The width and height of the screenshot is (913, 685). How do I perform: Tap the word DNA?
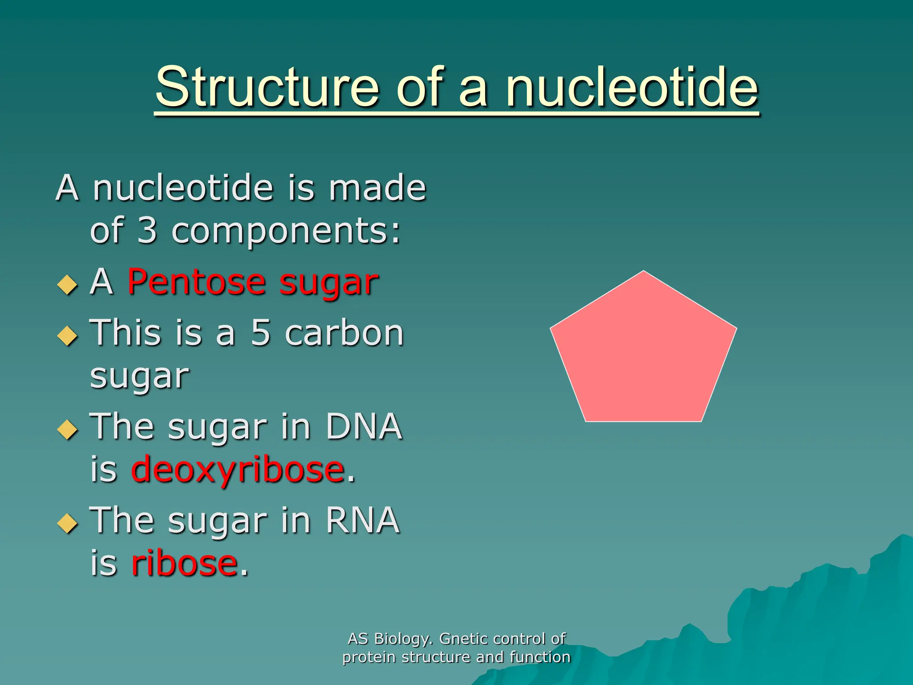(363, 426)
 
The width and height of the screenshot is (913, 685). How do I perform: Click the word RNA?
(362, 520)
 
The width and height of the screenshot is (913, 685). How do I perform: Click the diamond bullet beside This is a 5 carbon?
(67, 335)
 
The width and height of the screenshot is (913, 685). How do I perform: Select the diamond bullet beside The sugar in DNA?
(67, 429)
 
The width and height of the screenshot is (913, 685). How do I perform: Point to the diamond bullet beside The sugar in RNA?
(67, 523)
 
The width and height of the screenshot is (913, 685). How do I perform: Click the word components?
(285, 232)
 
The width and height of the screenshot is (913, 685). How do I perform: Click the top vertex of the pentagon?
(643, 272)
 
